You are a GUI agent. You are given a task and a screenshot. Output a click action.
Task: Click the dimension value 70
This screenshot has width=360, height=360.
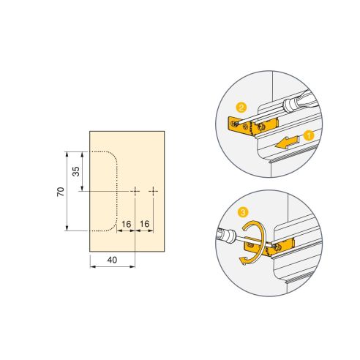click(x=61, y=191)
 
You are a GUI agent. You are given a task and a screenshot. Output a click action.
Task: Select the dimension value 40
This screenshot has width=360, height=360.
click(x=112, y=259)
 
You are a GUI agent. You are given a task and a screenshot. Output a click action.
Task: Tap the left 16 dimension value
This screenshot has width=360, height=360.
click(x=127, y=223)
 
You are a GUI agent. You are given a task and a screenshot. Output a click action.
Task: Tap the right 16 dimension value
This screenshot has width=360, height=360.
click(x=144, y=223)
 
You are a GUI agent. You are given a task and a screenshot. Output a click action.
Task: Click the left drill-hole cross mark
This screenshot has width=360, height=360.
click(x=136, y=191)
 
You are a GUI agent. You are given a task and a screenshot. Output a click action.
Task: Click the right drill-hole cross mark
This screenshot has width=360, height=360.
click(x=154, y=191)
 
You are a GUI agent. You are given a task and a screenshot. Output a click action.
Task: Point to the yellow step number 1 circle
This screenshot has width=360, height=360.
click(x=308, y=135)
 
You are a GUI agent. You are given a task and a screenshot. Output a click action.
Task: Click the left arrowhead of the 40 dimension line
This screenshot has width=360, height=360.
click(x=91, y=266)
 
